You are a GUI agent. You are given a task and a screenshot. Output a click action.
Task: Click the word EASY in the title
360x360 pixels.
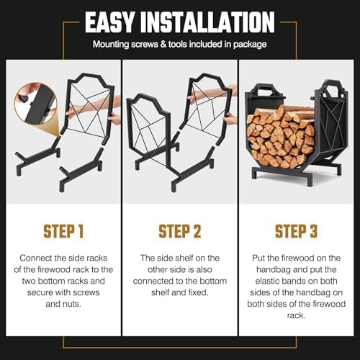click(x=109, y=22)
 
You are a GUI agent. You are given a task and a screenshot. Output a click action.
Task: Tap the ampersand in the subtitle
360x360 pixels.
click(x=163, y=44)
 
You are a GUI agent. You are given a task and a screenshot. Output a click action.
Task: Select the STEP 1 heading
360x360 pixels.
click(x=63, y=231)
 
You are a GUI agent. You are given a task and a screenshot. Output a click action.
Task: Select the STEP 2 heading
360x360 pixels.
click(x=180, y=231)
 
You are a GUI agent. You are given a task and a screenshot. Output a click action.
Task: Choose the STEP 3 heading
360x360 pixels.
click(x=296, y=231)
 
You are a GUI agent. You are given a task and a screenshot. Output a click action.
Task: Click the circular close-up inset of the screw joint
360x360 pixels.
click(x=35, y=104)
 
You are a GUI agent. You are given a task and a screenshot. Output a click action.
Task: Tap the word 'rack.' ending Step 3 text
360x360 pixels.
click(x=296, y=315)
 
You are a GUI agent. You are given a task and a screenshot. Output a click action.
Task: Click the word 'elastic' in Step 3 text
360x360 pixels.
click(x=269, y=281)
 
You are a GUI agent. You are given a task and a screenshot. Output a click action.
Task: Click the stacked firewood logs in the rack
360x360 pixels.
click(x=281, y=136)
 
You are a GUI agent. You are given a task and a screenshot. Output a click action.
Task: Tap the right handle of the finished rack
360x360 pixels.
click(x=333, y=88)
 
